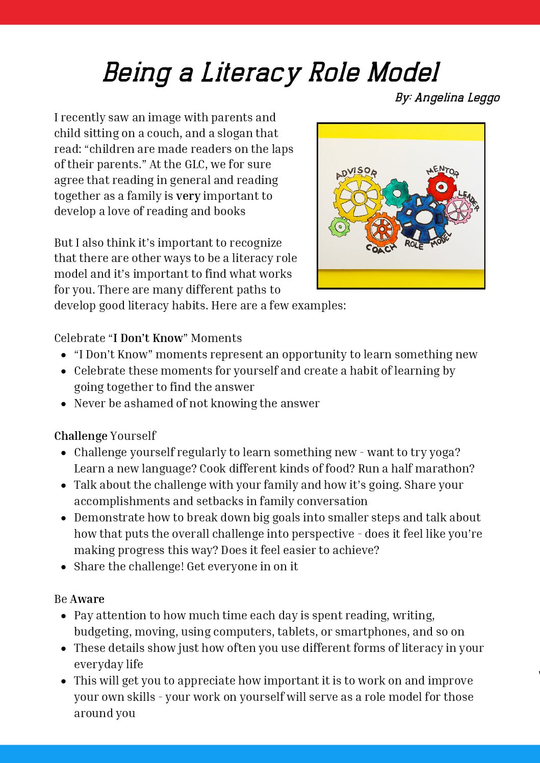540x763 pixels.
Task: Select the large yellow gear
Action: point(358,198)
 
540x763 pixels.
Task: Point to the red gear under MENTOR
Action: point(442,187)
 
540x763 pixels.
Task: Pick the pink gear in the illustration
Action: point(458,211)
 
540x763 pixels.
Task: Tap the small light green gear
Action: point(339,226)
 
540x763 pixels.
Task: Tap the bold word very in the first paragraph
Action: point(188,196)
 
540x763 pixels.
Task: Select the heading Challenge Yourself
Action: point(105,436)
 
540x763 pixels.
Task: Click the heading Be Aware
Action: point(79,599)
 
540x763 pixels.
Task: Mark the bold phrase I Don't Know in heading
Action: point(147,338)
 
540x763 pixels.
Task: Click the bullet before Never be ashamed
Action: point(63,404)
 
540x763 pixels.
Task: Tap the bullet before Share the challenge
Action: point(63,567)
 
